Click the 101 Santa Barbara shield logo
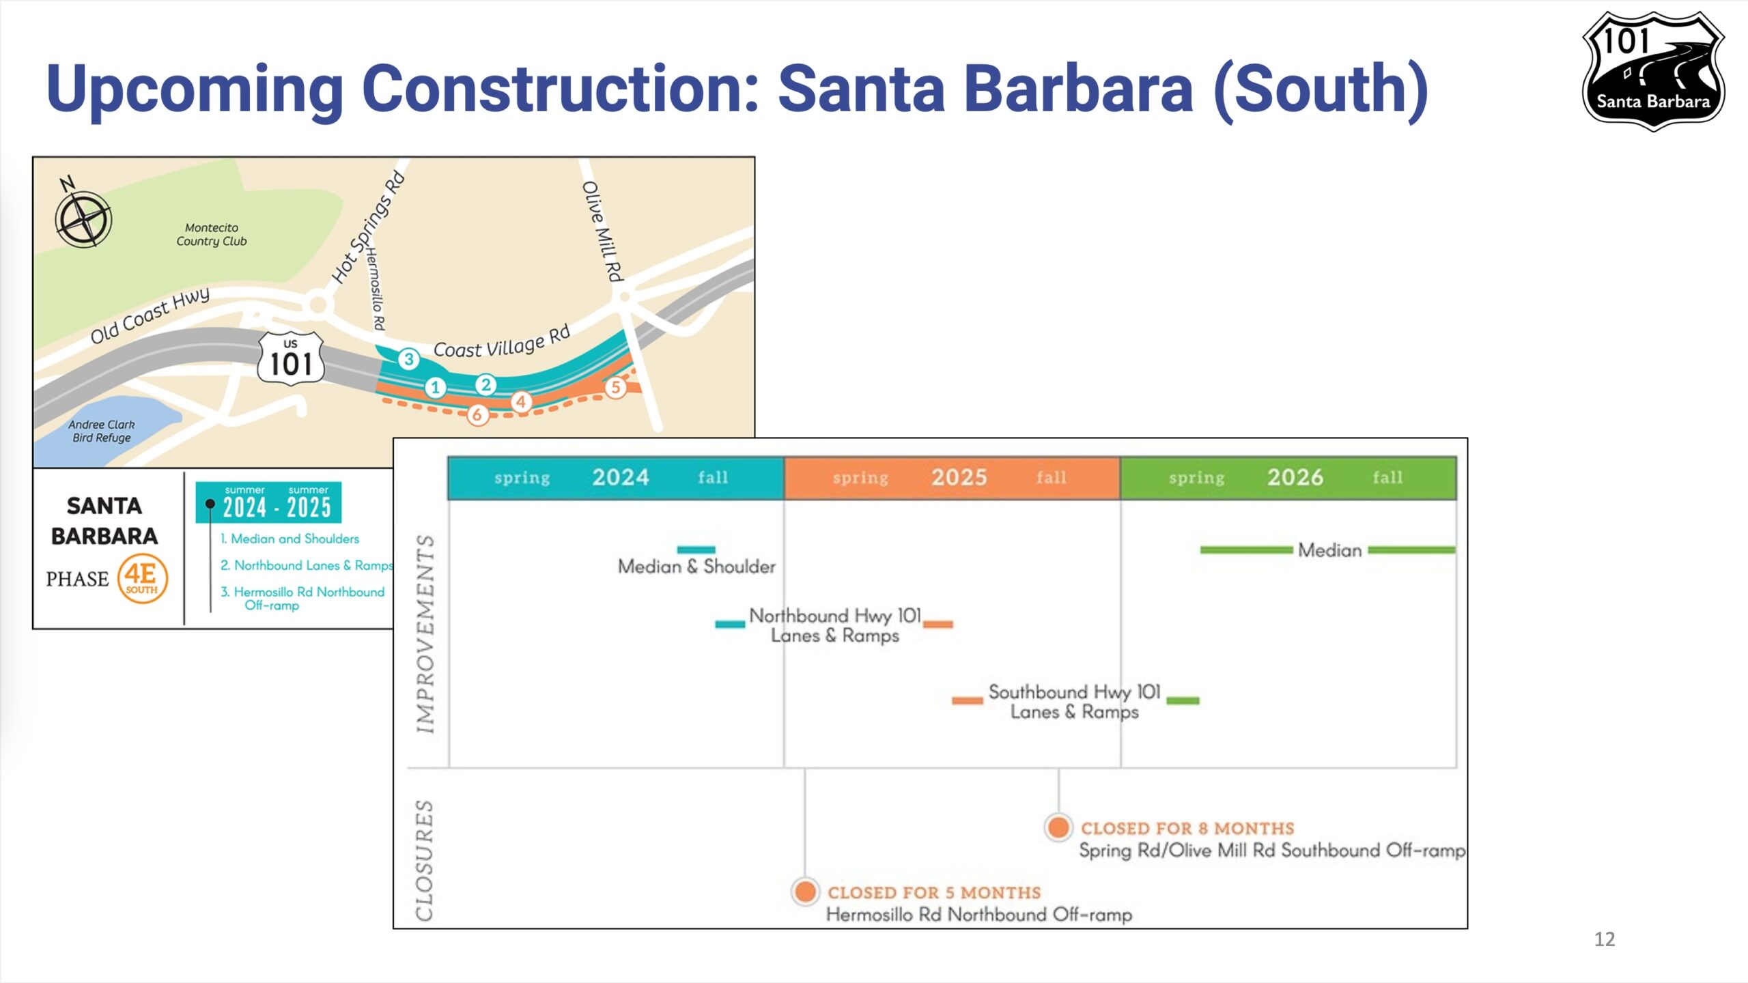coord(1653,71)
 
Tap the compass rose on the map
coord(83,218)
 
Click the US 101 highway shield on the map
coord(292,358)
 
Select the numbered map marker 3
coord(409,359)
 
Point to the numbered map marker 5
coord(616,388)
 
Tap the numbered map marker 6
coord(477,414)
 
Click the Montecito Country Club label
coord(212,234)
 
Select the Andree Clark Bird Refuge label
coord(102,431)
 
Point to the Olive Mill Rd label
coord(603,231)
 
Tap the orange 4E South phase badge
coord(142,579)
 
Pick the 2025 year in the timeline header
coord(959,477)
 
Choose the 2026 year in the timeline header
coord(1295,477)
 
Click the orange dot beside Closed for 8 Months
coord(1058,827)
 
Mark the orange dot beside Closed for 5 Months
coord(805,892)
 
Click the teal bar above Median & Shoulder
coord(696,550)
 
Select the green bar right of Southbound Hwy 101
coord(1183,700)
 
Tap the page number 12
coord(1605,939)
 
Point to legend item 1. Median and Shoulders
coord(290,539)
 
